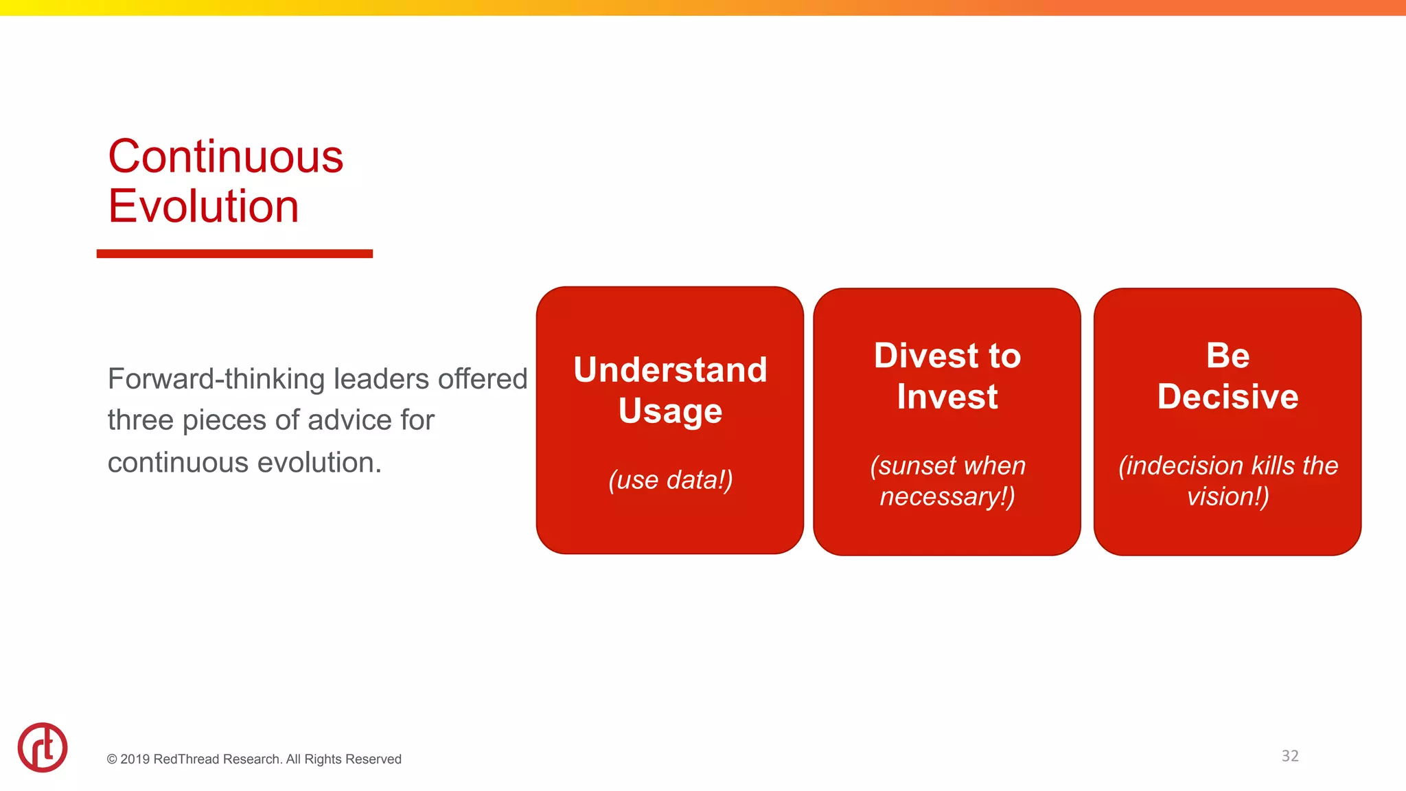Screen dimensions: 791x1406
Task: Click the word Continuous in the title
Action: pyautogui.click(x=225, y=157)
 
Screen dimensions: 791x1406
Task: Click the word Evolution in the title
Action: pyautogui.click(x=203, y=206)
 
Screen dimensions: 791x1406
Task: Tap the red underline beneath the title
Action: pyautogui.click(x=234, y=253)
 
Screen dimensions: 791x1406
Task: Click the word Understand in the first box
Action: pyautogui.click(x=670, y=369)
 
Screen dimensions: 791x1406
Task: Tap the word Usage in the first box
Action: pyautogui.click(x=670, y=411)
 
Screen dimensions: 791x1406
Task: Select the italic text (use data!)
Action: pyautogui.click(x=670, y=479)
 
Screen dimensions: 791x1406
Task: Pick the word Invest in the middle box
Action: pyautogui.click(x=947, y=397)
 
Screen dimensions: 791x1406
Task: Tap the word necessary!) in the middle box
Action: pyautogui.click(x=947, y=496)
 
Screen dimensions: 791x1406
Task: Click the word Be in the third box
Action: pyautogui.click(x=1228, y=356)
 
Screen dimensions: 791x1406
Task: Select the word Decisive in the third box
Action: pyautogui.click(x=1228, y=397)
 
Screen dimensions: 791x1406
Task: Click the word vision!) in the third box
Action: pyautogui.click(x=1228, y=496)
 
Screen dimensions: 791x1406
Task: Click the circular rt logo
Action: pyautogui.click(x=43, y=747)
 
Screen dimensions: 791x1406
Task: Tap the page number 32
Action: pyautogui.click(x=1289, y=756)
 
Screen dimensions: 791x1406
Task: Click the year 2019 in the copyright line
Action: pyautogui.click(x=135, y=759)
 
